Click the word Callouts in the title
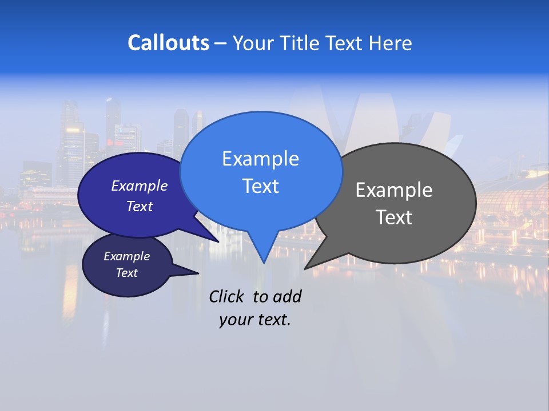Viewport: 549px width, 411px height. click(168, 43)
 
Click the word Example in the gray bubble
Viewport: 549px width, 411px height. click(394, 190)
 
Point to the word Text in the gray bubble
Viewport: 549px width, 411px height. click(394, 217)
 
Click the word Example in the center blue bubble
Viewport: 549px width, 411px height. click(260, 159)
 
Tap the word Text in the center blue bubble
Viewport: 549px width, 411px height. click(260, 186)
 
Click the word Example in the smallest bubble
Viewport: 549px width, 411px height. click(126, 256)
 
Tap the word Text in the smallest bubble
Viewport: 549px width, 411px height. click(126, 273)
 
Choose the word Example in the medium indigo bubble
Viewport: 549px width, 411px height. click(139, 186)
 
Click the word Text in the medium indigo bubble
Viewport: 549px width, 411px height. click(139, 206)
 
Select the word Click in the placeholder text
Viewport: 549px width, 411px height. click(227, 296)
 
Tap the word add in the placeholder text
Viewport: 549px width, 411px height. click(287, 296)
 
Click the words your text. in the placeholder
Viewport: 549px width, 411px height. click(255, 320)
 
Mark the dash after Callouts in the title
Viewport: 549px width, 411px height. click(221, 43)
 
